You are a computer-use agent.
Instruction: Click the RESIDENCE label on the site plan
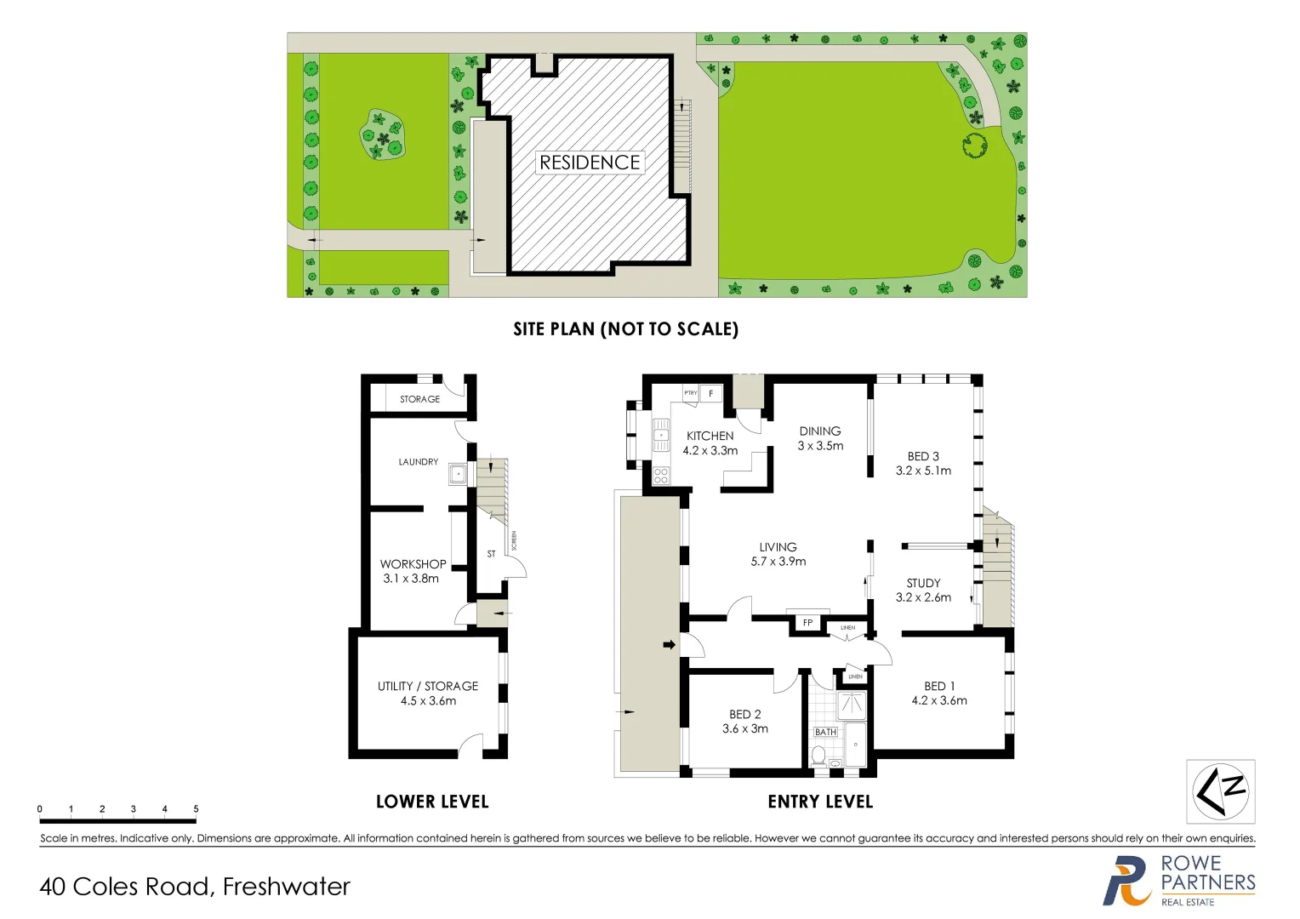590,163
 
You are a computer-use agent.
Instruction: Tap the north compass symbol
1220,791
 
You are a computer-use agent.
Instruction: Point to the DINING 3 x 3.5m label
820,438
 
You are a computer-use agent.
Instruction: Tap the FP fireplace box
807,623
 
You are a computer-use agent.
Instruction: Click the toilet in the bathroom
818,755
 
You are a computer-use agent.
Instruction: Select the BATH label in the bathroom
825,732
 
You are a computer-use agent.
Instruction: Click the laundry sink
458,474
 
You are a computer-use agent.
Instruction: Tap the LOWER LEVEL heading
432,802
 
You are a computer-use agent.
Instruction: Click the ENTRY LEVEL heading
820,802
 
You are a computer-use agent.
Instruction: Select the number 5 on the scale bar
196,809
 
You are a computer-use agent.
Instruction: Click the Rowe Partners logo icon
1127,882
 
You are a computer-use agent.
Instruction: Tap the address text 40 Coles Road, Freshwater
195,887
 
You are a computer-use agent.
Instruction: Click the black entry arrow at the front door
670,645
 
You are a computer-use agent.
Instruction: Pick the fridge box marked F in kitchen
711,394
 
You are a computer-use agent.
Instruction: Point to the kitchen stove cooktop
660,476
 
